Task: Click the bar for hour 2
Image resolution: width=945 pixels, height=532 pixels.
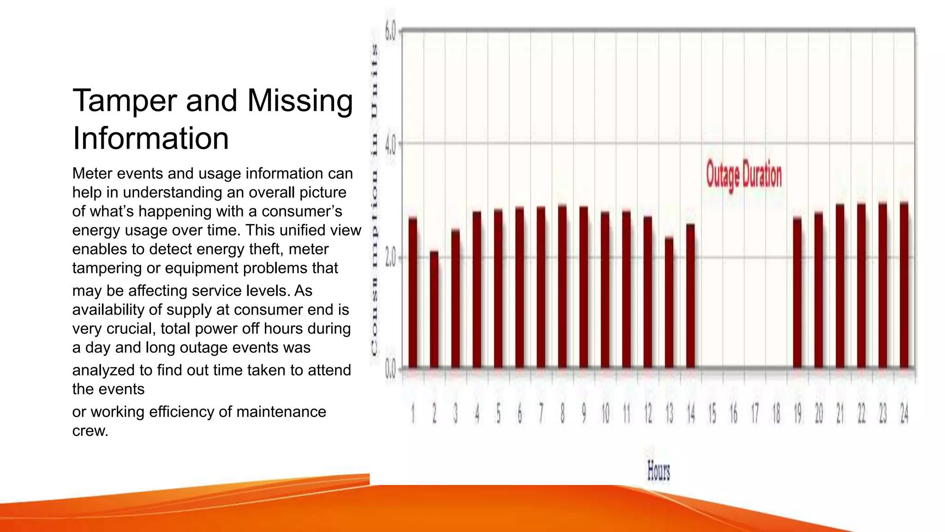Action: (434, 309)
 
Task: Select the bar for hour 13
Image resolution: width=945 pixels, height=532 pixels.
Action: (669, 302)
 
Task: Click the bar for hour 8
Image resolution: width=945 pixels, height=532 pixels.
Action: (562, 286)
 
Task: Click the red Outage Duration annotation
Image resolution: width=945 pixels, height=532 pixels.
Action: (744, 175)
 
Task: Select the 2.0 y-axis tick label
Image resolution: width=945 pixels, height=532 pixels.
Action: (390, 258)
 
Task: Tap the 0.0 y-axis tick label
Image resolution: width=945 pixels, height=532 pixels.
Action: (390, 370)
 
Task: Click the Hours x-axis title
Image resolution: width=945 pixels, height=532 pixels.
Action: (658, 471)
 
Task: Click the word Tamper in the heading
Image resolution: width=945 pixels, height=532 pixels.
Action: (125, 101)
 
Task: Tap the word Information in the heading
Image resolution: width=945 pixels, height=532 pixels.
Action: (151, 138)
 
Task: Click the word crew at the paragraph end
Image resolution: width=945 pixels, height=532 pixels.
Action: (90, 431)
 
